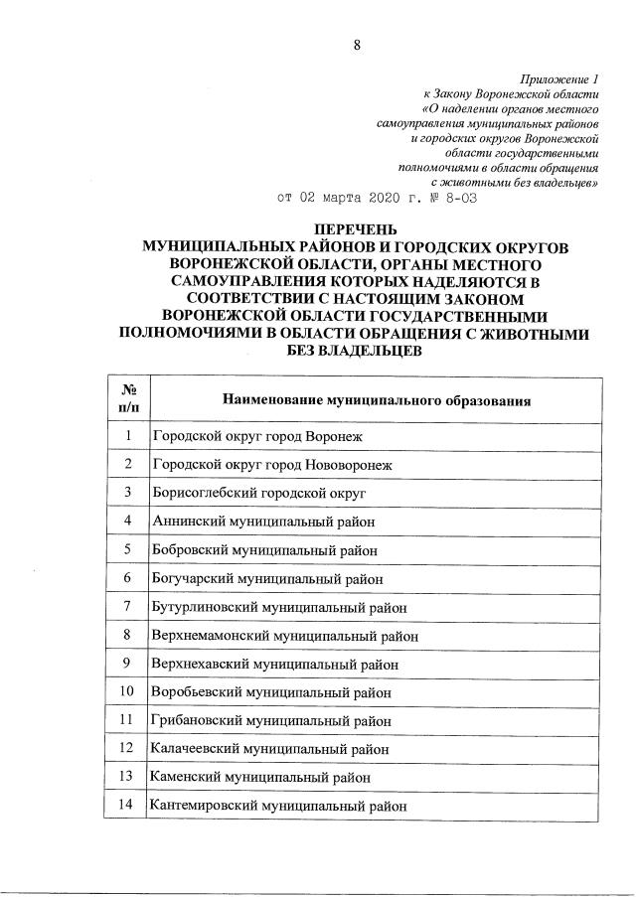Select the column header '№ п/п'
128,399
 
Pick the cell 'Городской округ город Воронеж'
258,436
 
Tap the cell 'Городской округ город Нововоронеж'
272,464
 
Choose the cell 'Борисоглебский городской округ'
259,492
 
